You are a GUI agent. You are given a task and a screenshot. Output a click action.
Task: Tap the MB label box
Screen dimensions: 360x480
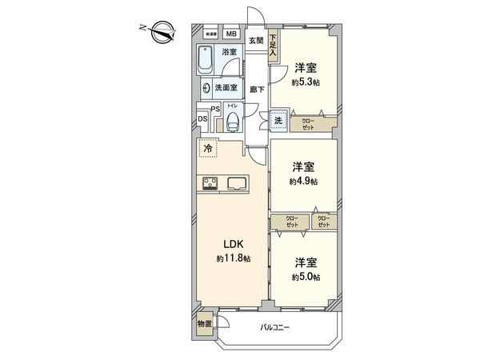click(230, 34)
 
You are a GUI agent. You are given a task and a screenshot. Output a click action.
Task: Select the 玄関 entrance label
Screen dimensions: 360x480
click(255, 40)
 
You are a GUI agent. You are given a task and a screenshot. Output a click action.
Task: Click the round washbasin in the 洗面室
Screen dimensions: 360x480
click(207, 89)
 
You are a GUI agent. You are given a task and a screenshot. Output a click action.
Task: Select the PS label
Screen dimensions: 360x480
click(214, 110)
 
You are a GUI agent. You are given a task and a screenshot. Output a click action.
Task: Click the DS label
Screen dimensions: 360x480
click(202, 121)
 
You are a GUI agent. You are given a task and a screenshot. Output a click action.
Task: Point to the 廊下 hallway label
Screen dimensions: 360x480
click(256, 90)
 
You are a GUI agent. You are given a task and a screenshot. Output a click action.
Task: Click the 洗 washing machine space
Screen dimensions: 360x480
click(278, 122)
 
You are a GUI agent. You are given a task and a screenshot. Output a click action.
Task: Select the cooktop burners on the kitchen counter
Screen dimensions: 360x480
click(211, 183)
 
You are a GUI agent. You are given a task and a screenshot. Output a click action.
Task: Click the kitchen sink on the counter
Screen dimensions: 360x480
click(239, 183)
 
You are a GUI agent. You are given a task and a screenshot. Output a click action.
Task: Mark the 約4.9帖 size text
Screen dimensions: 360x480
click(303, 182)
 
